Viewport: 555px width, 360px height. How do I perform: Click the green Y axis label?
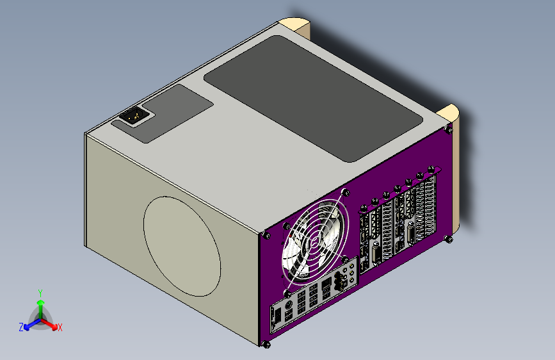click(40, 293)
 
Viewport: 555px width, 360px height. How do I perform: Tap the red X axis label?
click(60, 327)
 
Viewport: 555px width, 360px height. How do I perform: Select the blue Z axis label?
click(21, 327)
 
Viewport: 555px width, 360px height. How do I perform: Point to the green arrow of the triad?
click(41, 309)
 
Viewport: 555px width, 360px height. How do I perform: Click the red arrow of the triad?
click(49, 324)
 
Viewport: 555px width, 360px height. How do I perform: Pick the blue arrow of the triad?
click(33, 324)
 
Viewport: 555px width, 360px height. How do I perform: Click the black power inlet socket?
click(133, 115)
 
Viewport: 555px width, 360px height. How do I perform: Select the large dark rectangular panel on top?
click(313, 99)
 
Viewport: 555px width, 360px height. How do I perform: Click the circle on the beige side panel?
click(182, 246)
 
